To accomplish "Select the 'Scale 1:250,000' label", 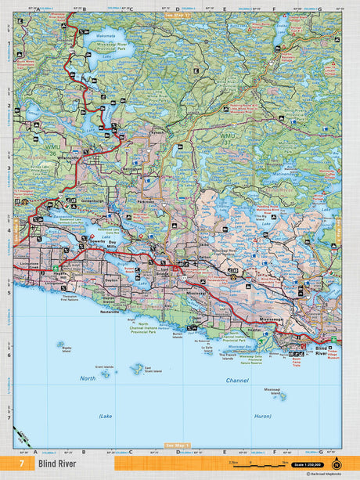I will click(x=308, y=465).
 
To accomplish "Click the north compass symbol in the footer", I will click(x=336, y=464).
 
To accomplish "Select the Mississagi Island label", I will click(x=272, y=391).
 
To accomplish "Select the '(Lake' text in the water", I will click(x=107, y=416).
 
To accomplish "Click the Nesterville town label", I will click(x=110, y=311).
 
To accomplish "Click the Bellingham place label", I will click(x=133, y=168).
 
